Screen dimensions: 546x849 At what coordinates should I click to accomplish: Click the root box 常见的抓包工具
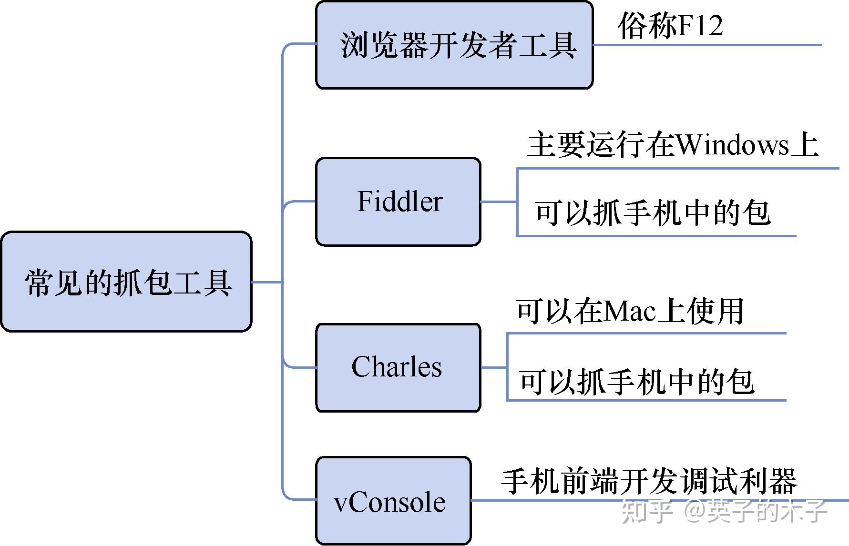(126, 282)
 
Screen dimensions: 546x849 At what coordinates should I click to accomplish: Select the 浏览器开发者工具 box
(454, 45)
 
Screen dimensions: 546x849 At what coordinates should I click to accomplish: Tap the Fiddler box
(399, 202)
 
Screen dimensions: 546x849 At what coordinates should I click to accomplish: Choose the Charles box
(398, 367)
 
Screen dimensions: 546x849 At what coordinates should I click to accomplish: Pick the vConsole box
(393, 501)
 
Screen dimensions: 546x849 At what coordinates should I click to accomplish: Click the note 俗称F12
(670, 26)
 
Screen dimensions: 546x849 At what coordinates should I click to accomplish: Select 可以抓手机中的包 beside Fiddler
(652, 213)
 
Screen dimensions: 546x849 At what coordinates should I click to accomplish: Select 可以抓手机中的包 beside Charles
(636, 382)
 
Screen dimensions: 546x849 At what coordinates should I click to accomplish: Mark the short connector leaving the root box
(266, 282)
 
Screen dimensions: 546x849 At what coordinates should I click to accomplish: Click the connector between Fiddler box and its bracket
(498, 202)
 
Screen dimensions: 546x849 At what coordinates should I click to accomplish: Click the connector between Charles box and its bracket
(493, 367)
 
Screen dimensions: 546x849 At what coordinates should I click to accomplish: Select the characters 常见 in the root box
(53, 283)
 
